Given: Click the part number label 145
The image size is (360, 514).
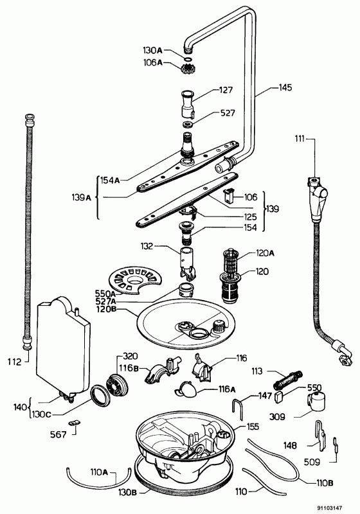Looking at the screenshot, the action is tap(285, 87).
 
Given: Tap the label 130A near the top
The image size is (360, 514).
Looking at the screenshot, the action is tap(153, 50).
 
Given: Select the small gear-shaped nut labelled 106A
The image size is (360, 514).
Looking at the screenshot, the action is tap(186, 69).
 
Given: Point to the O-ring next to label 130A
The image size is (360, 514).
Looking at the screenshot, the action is tap(188, 59).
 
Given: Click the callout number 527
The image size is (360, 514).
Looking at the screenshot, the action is tap(228, 113).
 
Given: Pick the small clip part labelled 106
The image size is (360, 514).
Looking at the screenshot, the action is tap(228, 195).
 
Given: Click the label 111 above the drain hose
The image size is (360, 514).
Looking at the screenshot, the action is tap(300, 139).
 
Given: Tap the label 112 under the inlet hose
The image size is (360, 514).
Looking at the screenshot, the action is tap(14, 362).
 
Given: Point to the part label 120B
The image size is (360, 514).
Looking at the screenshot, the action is tap(107, 310).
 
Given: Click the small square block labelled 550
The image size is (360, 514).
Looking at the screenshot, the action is tap(280, 396).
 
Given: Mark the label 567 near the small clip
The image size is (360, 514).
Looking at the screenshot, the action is tap(59, 435).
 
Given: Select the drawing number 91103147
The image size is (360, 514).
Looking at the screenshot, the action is tap(330, 508).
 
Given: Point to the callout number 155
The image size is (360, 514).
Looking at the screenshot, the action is tap(253, 427).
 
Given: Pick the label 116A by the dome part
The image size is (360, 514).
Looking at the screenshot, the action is tap(227, 389).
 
